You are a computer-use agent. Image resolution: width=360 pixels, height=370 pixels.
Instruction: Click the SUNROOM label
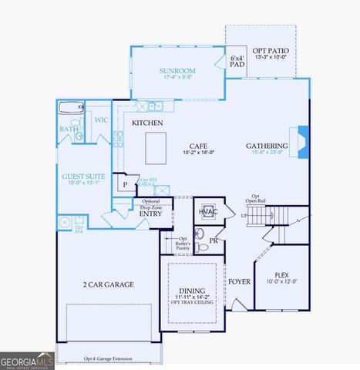177,70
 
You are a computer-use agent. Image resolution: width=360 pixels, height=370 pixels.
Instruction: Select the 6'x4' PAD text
237,62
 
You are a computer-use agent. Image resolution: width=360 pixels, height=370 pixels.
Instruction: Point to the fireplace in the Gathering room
304,142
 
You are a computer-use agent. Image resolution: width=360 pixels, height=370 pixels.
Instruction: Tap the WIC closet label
100,120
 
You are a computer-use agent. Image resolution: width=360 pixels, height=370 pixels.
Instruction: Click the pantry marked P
124,185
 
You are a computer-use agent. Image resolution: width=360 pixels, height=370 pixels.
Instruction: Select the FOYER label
238,281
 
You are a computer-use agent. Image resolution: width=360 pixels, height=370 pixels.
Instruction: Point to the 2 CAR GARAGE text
108,284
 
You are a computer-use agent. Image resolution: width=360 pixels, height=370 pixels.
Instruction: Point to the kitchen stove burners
119,140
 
